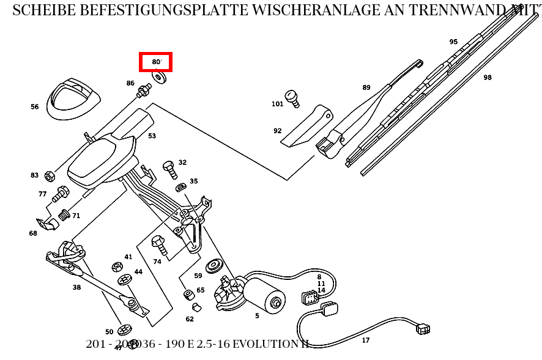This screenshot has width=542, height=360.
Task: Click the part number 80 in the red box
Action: point(156,62)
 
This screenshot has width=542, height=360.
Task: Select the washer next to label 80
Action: point(161,78)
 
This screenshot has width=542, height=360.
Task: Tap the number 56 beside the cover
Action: point(34,107)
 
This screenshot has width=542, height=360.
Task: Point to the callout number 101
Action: point(277,104)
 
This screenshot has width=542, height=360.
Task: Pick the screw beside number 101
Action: point(293,98)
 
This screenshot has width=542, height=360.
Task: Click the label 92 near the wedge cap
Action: point(277,131)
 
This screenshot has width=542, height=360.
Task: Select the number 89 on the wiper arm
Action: point(366,87)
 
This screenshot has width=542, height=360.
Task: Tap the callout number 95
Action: point(453,42)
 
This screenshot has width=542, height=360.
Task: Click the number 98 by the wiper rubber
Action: point(487,78)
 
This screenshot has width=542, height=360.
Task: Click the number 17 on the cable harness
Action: point(365,340)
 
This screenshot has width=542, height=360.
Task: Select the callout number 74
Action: point(157,262)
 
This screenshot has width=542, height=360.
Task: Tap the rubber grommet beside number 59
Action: point(214,266)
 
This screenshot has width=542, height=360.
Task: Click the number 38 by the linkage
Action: point(76,287)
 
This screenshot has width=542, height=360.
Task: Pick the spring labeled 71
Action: point(64,215)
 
